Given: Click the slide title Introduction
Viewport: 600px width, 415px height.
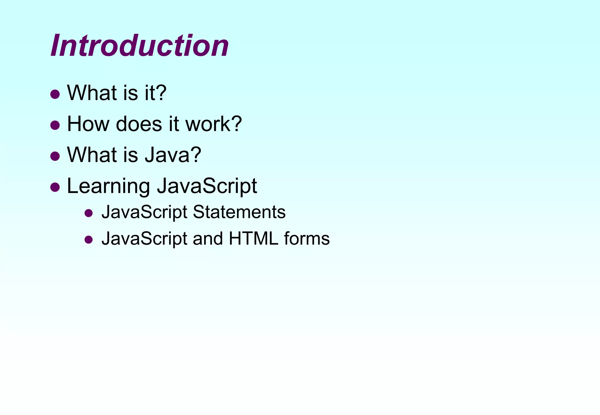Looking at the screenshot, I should coord(139,46).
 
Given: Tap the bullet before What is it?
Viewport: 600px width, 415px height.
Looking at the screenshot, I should coord(55,94).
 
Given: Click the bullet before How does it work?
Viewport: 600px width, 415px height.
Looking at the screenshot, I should coord(55,125).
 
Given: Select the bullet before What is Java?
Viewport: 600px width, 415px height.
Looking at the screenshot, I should coord(55,156).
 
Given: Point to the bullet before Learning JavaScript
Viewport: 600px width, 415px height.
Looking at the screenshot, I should coord(55,187).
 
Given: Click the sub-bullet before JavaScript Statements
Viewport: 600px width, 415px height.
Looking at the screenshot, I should coord(88,213).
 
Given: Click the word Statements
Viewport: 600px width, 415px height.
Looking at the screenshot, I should coord(239,212).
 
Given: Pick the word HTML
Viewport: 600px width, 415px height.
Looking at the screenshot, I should coord(253,239).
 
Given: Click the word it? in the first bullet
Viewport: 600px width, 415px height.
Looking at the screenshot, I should coord(156,93).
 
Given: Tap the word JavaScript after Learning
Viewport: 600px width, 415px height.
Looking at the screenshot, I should coord(207,186).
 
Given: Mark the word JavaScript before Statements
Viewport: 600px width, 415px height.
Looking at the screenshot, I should coord(144,212).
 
